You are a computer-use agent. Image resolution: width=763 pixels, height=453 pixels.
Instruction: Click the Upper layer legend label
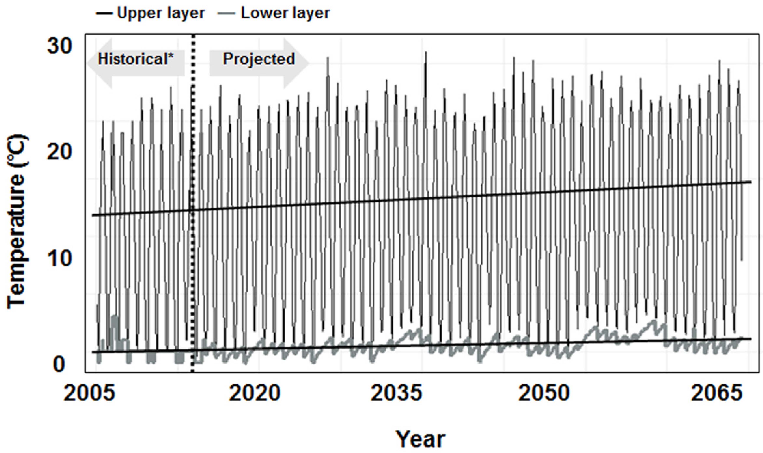pos(161,13)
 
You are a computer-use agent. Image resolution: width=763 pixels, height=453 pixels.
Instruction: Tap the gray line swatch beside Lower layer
pos(227,13)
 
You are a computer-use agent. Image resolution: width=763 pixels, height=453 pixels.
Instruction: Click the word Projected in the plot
pos(259,59)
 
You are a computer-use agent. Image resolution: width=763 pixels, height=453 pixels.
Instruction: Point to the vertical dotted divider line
pos(193,214)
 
